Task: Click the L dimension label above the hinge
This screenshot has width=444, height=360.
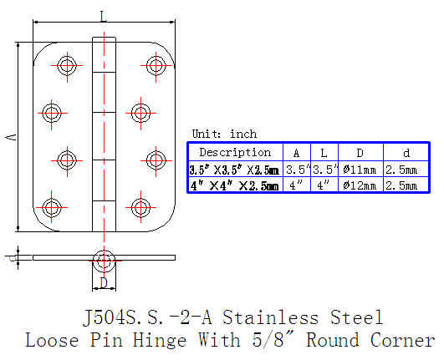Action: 104,17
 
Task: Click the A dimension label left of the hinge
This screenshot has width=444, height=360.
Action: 11,138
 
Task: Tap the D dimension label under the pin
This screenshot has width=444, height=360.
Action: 104,283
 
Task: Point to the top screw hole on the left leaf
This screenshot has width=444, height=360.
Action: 67,65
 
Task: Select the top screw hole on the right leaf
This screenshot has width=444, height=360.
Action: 156,65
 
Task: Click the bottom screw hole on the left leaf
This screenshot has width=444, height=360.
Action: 52,207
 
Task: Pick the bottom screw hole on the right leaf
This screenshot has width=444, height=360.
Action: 140,208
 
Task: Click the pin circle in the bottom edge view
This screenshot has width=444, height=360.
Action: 104,261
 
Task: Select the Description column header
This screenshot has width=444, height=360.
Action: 235,152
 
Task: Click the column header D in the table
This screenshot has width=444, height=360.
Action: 360,153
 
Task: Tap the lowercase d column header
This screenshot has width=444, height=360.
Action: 406,153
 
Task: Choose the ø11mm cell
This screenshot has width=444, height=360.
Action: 360,170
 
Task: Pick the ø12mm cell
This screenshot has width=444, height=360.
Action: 360,185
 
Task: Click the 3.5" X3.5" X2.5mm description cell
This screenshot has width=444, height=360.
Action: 234,170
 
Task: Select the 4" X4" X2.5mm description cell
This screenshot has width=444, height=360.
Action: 234,185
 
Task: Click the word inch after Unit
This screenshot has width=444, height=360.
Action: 243,134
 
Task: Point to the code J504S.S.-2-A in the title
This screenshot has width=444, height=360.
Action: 147,317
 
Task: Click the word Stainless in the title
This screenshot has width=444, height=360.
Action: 270,317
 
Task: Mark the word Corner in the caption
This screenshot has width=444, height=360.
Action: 402,340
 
